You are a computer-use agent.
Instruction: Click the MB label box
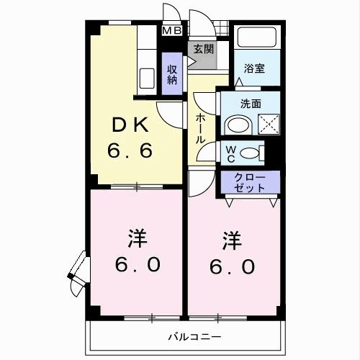[172, 30]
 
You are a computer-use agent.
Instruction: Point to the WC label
[230, 153]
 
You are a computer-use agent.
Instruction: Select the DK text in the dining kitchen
[130, 125]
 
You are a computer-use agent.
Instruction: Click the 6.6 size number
[130, 153]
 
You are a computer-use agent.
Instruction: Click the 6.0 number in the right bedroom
[233, 266]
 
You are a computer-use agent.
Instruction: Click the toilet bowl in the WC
[249, 153]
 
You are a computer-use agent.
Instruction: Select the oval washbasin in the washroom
[237, 127]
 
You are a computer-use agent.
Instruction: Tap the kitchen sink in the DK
[145, 77]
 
